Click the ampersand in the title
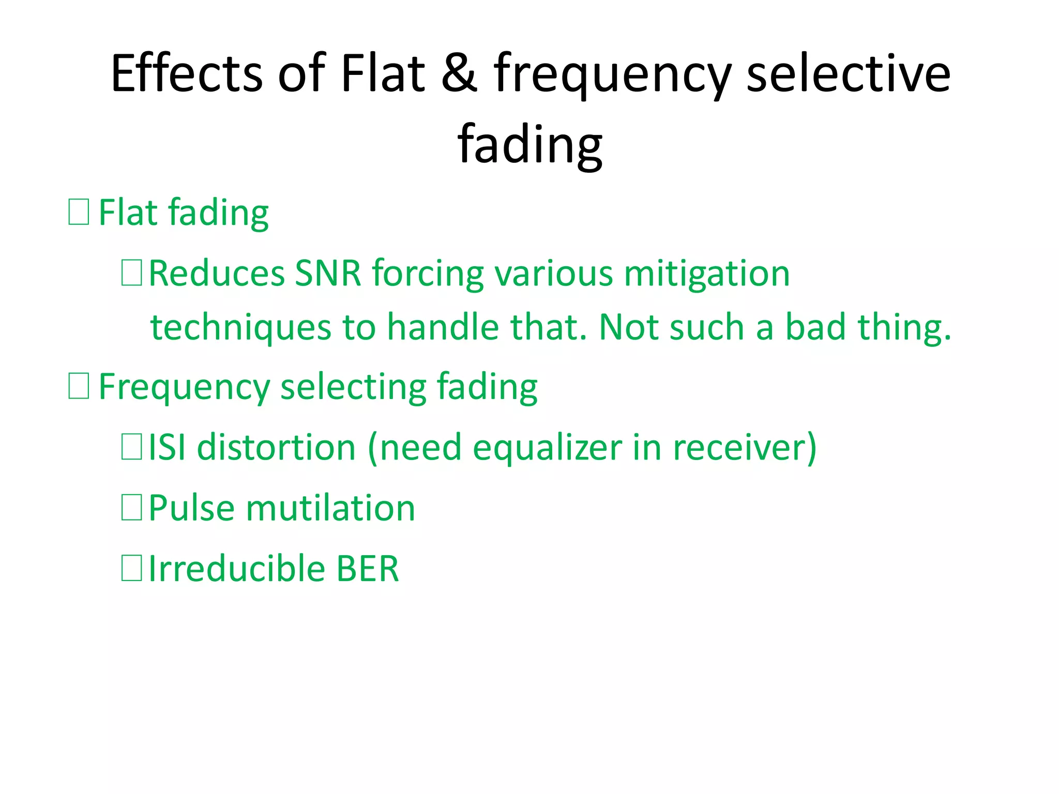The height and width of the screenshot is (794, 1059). (459, 73)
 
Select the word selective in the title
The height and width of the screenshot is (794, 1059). (849, 73)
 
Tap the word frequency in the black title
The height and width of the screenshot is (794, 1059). (612, 78)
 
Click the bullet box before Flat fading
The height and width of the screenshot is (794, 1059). (79, 212)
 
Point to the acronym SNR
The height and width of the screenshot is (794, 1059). (327, 273)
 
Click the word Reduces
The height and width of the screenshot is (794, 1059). (216, 273)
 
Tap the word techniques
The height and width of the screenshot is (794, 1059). (240, 328)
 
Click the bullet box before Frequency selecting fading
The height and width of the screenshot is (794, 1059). (79, 386)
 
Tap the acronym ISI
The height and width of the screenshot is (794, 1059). (167, 447)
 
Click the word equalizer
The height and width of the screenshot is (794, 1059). (547, 448)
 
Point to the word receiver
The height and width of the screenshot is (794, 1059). (739, 447)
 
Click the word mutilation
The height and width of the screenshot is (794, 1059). (330, 508)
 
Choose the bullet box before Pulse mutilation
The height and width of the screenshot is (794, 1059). (131, 508)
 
